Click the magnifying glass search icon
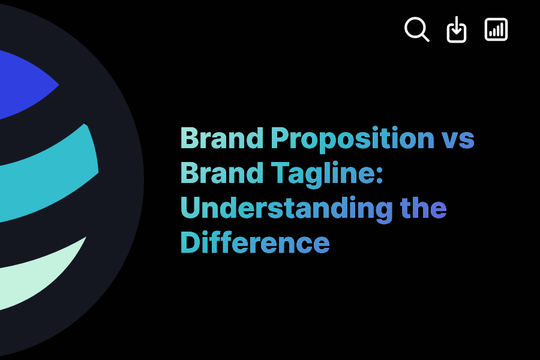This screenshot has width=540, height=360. coord(416,29)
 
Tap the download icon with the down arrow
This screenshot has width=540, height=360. coord(457,30)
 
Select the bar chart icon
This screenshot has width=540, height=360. coord(496,29)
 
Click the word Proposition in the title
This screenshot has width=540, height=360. coord(352,139)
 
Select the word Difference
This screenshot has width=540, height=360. coord(255,242)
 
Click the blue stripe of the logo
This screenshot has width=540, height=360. coord(24,84)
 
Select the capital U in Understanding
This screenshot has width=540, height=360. coord(190,208)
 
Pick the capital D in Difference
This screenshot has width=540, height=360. coord(190,242)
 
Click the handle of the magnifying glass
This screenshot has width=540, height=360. coord(425,37)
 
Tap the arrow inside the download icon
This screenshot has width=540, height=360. coord(457,27)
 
